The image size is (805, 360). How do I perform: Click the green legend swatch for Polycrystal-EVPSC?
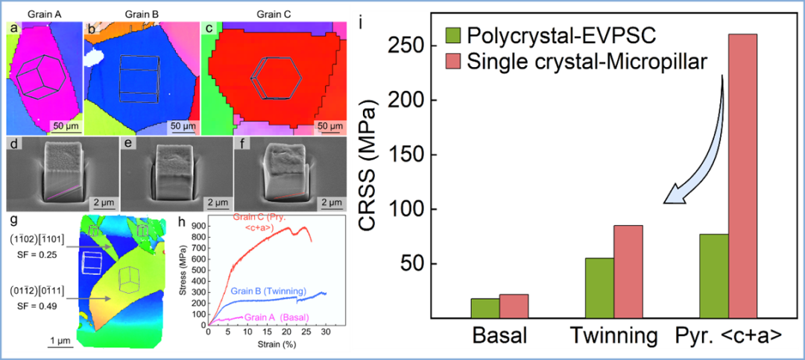point(453,35)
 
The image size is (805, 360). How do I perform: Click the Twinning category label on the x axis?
point(614,336)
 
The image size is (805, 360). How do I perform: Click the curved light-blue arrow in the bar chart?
point(701,142)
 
